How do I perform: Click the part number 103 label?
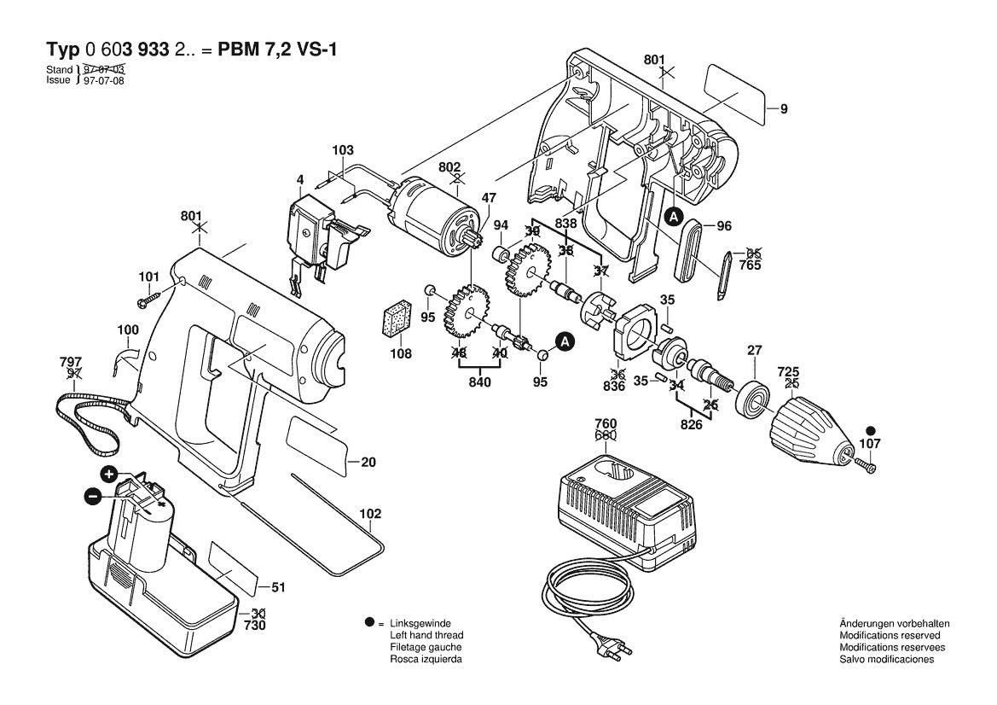pos(342,150)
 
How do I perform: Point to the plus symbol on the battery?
pos(109,474)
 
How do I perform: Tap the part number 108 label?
pos(401,353)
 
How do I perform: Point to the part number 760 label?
pos(605,424)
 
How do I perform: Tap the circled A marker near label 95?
pos(564,341)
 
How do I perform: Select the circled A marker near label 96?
pos(673,218)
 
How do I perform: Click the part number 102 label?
pos(370,514)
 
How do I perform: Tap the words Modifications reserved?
pos(890,636)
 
